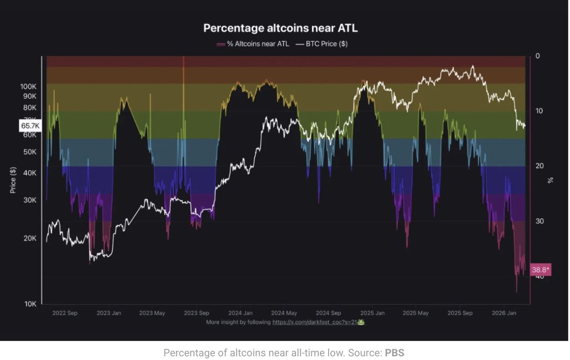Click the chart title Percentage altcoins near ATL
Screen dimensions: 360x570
click(280, 28)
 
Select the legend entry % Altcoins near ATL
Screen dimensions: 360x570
click(253, 44)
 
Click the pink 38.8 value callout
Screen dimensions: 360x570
click(541, 270)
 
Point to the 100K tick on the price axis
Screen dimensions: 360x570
click(28, 87)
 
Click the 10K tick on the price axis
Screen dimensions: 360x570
click(30, 304)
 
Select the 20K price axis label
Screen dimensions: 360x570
click(30, 238)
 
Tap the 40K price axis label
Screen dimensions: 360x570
click(30, 173)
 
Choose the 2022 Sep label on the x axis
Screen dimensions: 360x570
click(65, 313)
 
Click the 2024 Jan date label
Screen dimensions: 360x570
click(240, 313)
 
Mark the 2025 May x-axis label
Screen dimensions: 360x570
click(416, 313)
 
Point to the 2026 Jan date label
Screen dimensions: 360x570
click(503, 313)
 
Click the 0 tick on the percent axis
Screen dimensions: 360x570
click(538, 56)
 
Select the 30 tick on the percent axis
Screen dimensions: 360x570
click(539, 221)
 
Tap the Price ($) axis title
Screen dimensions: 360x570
click(13, 180)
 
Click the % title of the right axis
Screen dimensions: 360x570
click(551, 180)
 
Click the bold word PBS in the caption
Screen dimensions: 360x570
click(394, 353)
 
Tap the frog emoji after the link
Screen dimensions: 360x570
click(361, 322)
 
